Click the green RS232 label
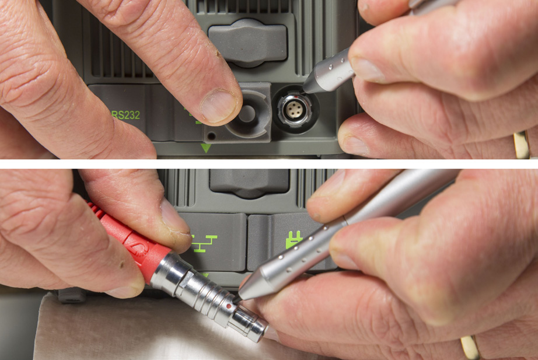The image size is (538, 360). point(125,115)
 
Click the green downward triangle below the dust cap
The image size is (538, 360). point(205,148)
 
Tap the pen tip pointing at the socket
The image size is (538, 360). point(308,88)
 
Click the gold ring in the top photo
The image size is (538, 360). point(521,144)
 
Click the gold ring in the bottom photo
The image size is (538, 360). point(470,347)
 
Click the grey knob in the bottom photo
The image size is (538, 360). point(249,182)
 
